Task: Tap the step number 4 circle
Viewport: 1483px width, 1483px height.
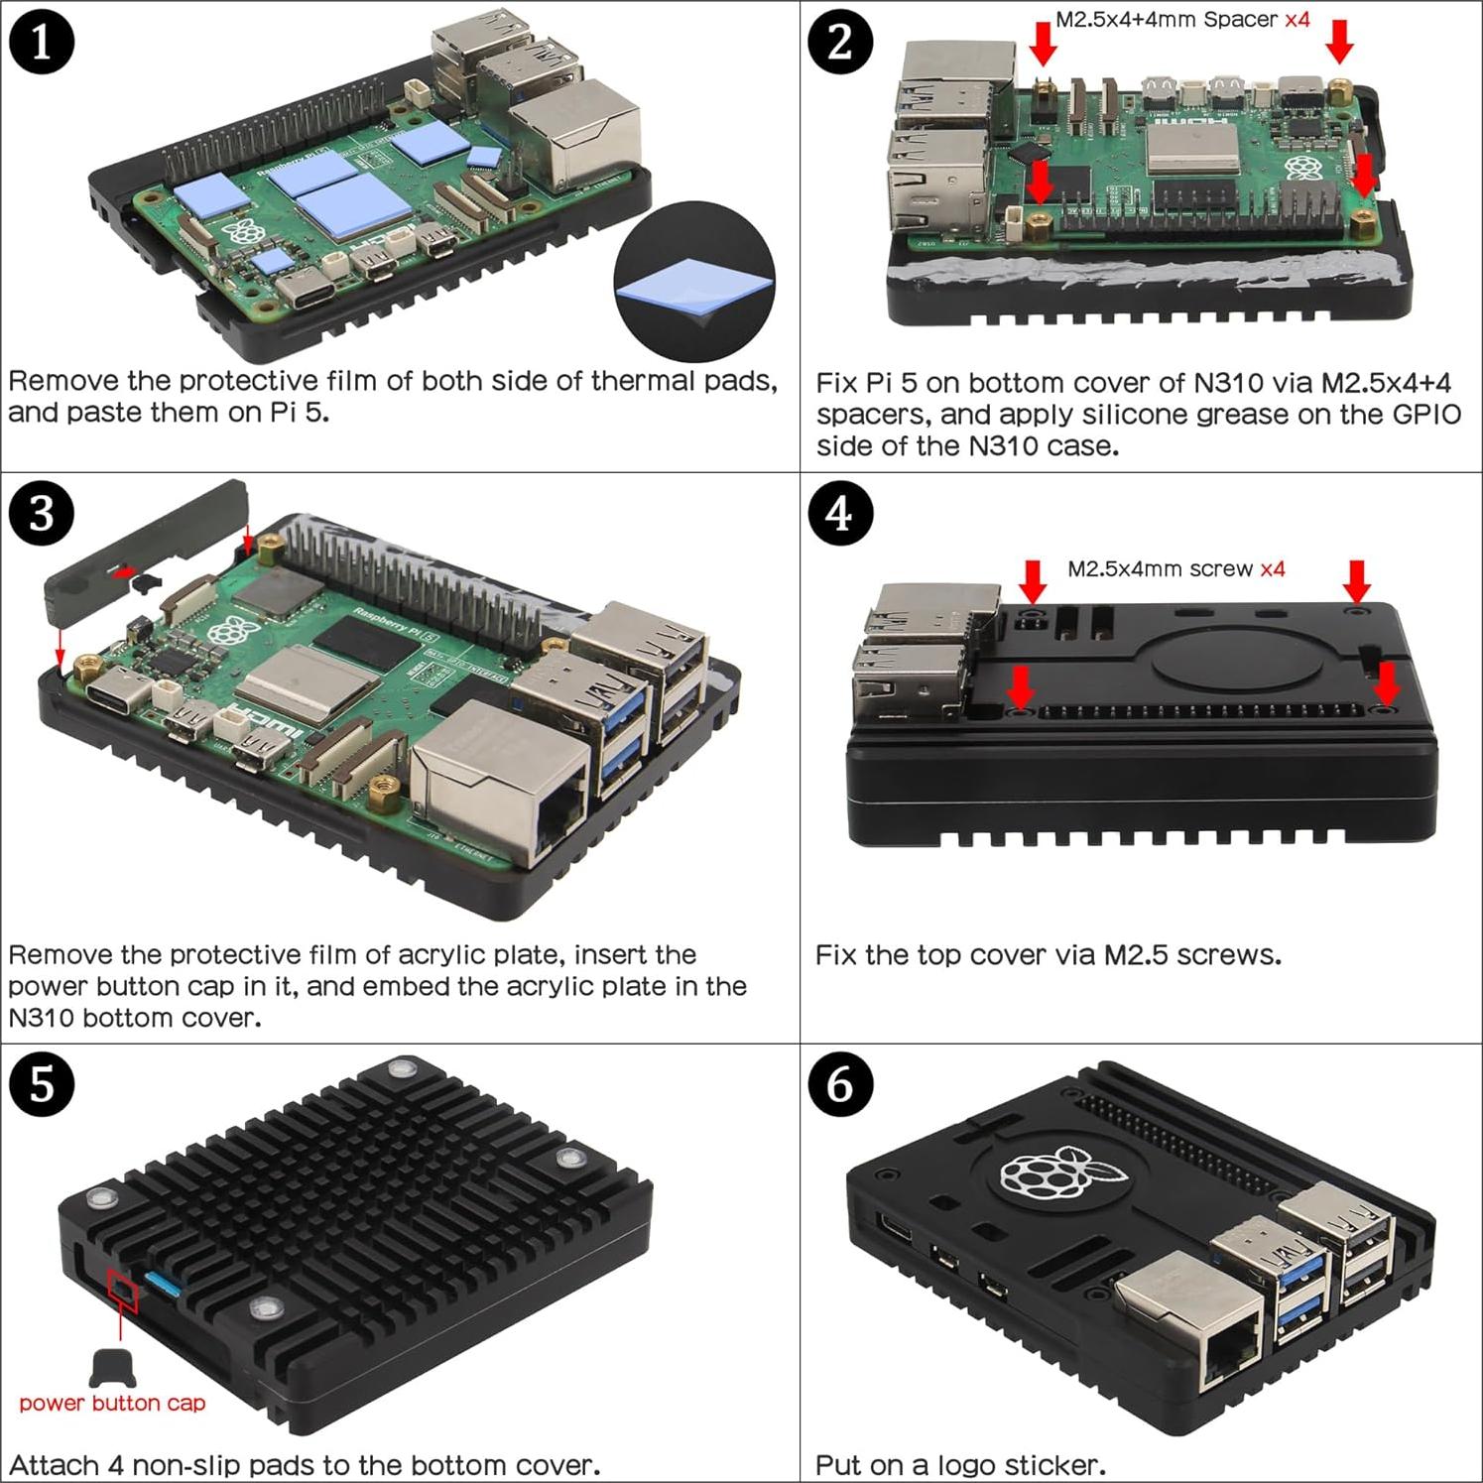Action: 840,514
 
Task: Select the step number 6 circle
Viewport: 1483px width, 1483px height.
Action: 840,1084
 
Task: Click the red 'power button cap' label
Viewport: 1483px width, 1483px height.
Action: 112,1403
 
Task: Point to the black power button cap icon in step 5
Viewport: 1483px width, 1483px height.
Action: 112,1367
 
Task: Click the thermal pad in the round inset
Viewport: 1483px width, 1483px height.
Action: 693,289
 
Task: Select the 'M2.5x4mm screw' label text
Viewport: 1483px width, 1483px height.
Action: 1162,569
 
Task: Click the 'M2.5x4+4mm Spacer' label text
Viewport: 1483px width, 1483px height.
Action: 1167,19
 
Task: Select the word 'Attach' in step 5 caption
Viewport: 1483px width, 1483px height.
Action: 56,1464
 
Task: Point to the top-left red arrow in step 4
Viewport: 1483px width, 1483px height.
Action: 1033,581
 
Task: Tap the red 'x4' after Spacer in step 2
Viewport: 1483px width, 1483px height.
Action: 1297,19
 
